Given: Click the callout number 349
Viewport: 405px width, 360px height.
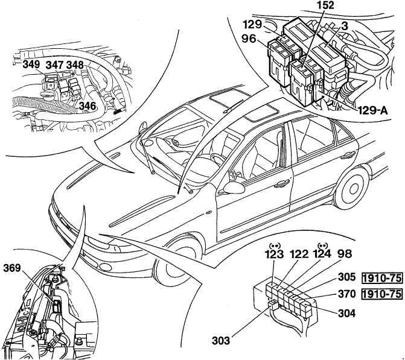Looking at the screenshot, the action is [x=31, y=65].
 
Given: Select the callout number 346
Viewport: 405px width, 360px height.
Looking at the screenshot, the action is [x=88, y=106].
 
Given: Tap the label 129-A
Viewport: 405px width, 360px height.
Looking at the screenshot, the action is [x=373, y=110].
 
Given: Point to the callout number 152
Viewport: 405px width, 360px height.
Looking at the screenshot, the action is [x=325, y=5].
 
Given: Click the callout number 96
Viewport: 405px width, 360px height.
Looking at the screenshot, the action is [x=249, y=39].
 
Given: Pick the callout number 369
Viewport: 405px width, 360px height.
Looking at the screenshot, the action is [x=12, y=268].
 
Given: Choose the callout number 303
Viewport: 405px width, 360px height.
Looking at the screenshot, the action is [x=221, y=341].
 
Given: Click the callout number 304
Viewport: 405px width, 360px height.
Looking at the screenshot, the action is [x=346, y=314].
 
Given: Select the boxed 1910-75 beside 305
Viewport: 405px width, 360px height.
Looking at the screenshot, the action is [x=382, y=277].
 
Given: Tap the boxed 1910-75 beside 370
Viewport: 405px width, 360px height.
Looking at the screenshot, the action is [x=382, y=294].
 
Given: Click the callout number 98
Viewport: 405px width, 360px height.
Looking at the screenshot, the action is [x=345, y=254].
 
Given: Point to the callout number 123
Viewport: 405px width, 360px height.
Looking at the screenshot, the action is [x=274, y=254].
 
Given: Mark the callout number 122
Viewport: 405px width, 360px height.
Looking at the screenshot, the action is [x=299, y=254].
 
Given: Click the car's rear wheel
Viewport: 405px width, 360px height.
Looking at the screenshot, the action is [x=352, y=188].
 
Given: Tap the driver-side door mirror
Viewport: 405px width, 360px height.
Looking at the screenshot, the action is [x=234, y=188].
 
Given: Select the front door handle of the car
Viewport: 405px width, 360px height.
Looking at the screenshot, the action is [x=281, y=183].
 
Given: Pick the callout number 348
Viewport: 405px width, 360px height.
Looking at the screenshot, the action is [x=75, y=65].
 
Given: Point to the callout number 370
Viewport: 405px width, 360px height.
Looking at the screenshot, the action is [x=347, y=294].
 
